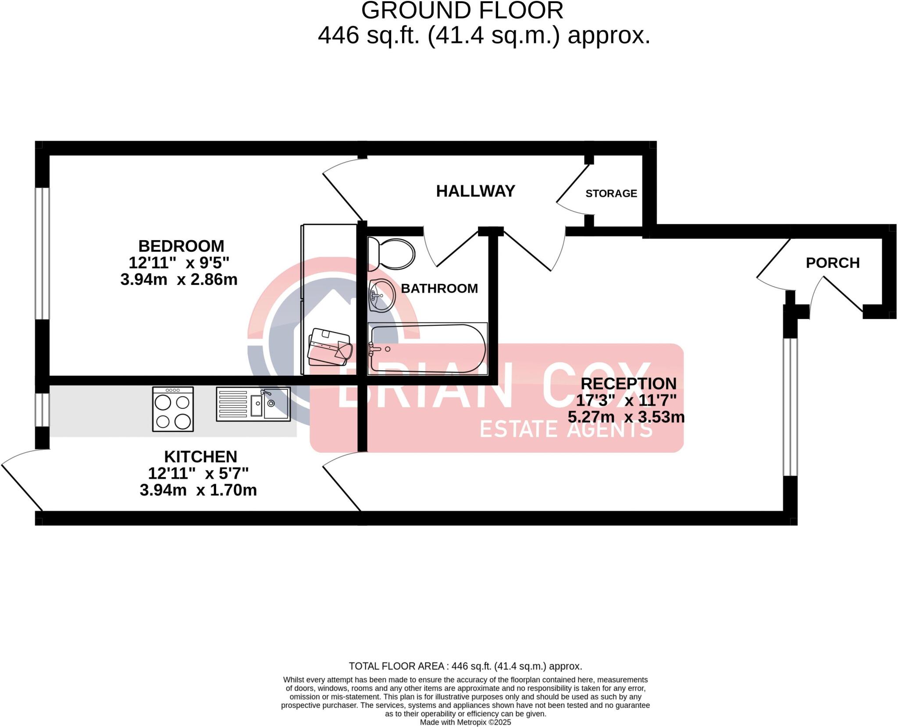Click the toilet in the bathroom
coord(391,254)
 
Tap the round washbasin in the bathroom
coord(382,295)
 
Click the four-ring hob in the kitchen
coord(173,409)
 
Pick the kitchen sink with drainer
coord(253,404)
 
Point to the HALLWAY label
coord(475,191)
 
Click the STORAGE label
coord(611,193)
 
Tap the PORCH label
coord(832,263)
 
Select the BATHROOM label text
coord(439,288)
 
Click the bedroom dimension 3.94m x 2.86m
coord(179,280)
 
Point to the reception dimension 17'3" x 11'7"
coord(626,400)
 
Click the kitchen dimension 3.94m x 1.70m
coord(198,490)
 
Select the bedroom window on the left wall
coord(43,253)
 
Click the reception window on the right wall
coord(790,407)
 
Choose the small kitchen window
coord(43,410)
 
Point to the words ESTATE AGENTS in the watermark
coord(566,429)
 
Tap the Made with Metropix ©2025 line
coord(465,722)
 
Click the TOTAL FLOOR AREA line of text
coord(465,666)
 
